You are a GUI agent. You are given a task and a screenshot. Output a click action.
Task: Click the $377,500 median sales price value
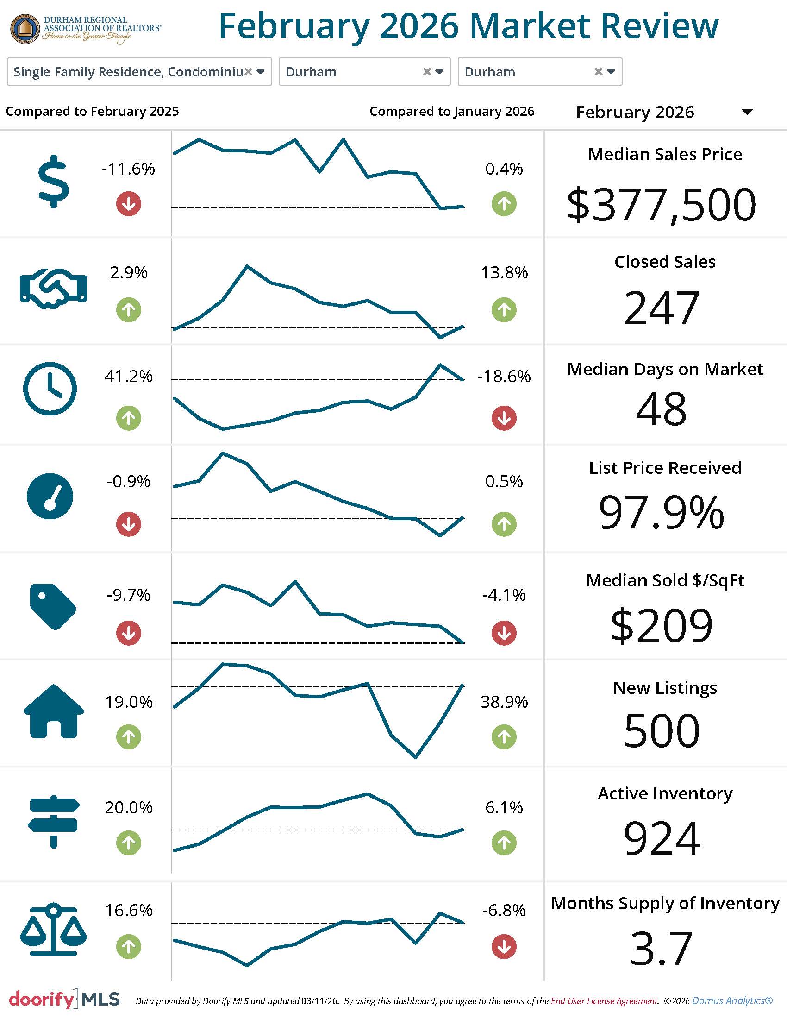pyautogui.click(x=661, y=204)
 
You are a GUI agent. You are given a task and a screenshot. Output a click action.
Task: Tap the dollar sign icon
pyautogui.click(x=54, y=181)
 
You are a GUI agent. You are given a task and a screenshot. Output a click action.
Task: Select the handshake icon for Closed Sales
pyautogui.click(x=54, y=288)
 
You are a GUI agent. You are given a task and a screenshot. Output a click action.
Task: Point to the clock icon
pyautogui.click(x=50, y=388)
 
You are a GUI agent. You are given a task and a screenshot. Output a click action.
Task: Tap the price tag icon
pyautogui.click(x=53, y=606)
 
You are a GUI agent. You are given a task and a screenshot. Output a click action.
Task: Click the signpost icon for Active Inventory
pyautogui.click(x=54, y=821)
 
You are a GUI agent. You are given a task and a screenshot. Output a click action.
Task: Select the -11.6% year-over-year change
pyautogui.click(x=128, y=169)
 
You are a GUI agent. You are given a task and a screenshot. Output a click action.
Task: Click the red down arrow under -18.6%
pyautogui.click(x=504, y=418)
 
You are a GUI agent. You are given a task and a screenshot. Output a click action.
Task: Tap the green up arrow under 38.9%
pyautogui.click(x=504, y=737)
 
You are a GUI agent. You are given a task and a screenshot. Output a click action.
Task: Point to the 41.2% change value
pyautogui.click(x=128, y=376)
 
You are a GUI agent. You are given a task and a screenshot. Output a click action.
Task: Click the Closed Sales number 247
pyautogui.click(x=661, y=308)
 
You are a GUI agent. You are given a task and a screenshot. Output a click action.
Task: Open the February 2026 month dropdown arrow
pyautogui.click(x=747, y=112)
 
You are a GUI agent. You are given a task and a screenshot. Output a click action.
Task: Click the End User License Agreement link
pyautogui.click(x=604, y=1001)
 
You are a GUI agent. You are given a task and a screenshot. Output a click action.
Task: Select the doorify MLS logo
pyautogui.click(x=64, y=999)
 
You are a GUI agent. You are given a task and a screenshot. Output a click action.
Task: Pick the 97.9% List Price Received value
pyautogui.click(x=661, y=512)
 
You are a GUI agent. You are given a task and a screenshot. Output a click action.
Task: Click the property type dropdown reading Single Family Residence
pyautogui.click(x=139, y=72)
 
